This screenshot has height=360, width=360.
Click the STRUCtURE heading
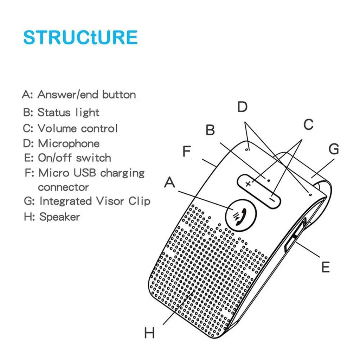(x=81, y=38)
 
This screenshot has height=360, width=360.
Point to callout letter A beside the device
(x=170, y=183)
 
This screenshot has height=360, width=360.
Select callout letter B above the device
(x=210, y=130)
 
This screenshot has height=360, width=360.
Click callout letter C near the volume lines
(x=308, y=124)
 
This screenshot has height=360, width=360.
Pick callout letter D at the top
(x=243, y=107)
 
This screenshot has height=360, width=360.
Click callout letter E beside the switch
(x=326, y=267)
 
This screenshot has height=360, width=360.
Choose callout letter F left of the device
(x=186, y=152)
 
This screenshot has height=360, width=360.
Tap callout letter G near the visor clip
(x=334, y=149)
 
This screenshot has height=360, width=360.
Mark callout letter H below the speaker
(x=149, y=333)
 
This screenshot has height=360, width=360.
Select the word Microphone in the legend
(x=69, y=143)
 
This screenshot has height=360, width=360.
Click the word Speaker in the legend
(x=59, y=217)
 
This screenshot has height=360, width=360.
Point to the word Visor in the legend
(x=106, y=201)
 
